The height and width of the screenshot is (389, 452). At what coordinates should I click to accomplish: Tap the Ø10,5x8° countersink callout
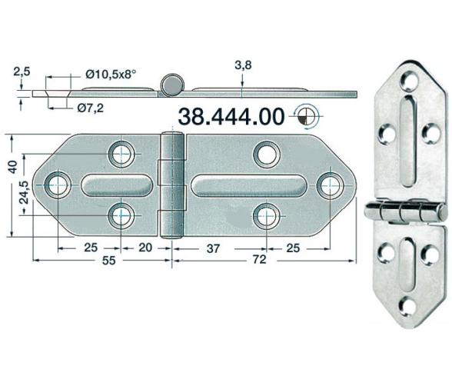(x=111, y=75)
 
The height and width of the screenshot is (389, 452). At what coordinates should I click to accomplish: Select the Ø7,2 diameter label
(x=91, y=107)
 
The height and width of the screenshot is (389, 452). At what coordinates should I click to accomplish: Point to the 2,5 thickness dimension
(x=22, y=71)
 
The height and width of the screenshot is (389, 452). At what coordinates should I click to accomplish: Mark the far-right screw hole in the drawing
(x=329, y=185)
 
